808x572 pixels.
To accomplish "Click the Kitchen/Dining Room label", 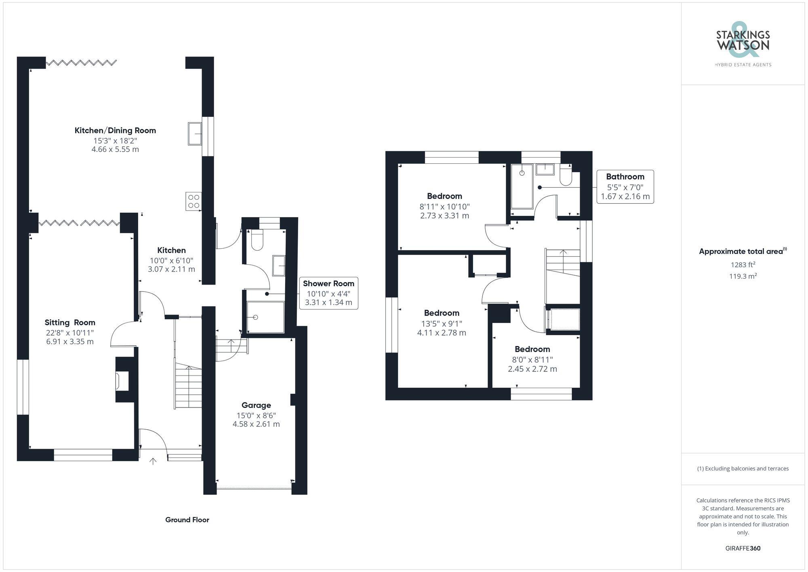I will click(115, 131).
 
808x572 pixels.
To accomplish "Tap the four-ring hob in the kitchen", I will click(194, 201).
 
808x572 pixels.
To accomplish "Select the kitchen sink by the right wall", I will click(195, 134).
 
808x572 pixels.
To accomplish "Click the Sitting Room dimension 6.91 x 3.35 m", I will click(70, 342).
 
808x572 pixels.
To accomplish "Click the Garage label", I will click(256, 405).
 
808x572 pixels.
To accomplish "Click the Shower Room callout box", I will click(328, 293).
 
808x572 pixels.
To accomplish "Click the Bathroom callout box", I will click(625, 187).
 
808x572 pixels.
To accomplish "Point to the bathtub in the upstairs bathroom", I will click(522, 186).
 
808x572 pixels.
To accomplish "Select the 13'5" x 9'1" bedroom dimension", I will click(442, 323).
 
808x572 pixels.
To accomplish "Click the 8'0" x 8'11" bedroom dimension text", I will click(532, 359).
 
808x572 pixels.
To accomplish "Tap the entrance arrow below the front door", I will click(153, 461).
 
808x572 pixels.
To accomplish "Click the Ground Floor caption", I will click(187, 520).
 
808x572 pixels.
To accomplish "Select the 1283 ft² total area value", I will click(743, 265).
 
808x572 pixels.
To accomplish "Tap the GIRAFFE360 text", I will click(743, 548).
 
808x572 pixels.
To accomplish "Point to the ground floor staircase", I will click(188, 386).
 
